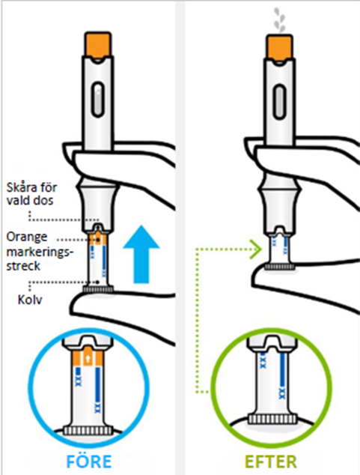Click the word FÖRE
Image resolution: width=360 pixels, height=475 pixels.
[x=89, y=461]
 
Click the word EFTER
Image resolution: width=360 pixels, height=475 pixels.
[x=270, y=462]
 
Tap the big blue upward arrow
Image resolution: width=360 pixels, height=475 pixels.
[x=141, y=254]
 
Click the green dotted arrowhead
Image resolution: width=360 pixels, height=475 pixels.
[x=257, y=249]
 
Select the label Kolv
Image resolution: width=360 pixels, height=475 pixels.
[x=30, y=300]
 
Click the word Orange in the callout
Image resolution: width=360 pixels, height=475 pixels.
[x=27, y=237]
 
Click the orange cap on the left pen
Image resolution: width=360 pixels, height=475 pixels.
[x=97, y=44]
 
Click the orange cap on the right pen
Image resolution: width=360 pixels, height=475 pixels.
[x=279, y=46]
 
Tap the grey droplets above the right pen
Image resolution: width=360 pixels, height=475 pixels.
[x=279, y=20]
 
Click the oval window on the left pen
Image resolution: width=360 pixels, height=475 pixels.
[x=97, y=99]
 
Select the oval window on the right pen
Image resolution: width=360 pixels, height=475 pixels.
[x=278, y=102]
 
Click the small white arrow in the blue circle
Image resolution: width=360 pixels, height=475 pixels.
[x=88, y=359]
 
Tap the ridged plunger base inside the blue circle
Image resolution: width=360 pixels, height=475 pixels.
[x=88, y=431]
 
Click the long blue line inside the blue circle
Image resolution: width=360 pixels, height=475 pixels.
[x=98, y=384]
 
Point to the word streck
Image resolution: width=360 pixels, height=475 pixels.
[x=23, y=266]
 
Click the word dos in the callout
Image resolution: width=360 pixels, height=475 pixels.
[x=45, y=200]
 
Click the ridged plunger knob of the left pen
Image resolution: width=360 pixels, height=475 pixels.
[x=98, y=289]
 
